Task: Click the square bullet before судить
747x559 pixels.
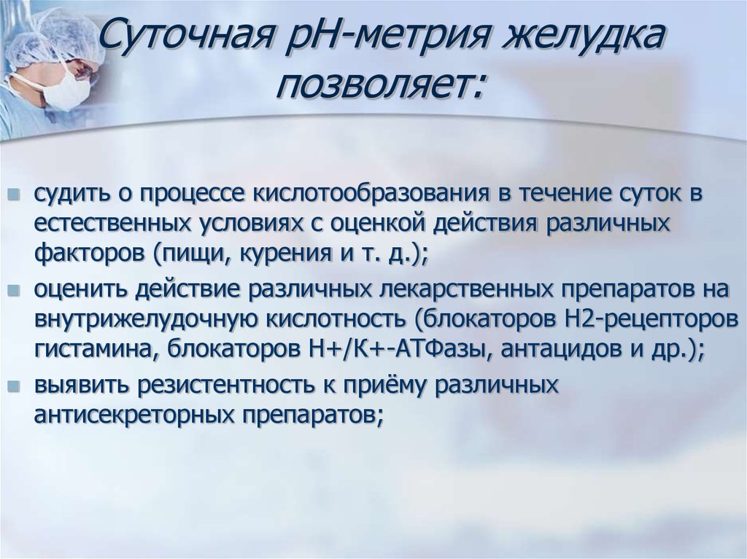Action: pyautogui.click(x=15, y=195)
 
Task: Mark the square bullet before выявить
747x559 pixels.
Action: pyautogui.click(x=15, y=386)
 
